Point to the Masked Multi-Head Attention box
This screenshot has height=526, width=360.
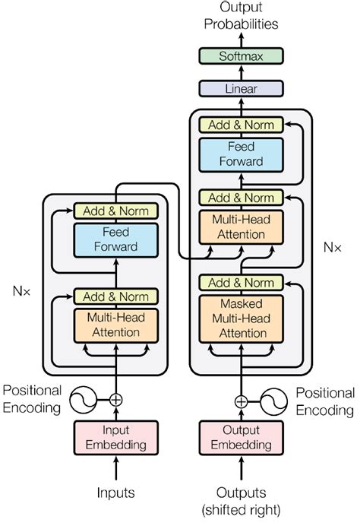(241, 318)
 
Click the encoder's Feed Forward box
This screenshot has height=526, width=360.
(115, 239)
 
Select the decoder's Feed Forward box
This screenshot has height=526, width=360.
(241, 154)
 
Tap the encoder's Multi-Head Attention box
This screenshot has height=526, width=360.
(115, 325)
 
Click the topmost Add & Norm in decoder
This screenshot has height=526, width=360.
(241, 125)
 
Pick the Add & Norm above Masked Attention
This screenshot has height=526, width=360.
(241, 283)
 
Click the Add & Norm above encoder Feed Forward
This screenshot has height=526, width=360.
(115, 211)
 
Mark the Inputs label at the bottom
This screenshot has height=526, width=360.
(115, 493)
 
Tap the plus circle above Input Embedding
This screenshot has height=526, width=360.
(115, 398)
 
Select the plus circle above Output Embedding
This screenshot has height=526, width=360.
(241, 401)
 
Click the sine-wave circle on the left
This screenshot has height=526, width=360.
(85, 398)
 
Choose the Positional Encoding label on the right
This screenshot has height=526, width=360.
(325, 401)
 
